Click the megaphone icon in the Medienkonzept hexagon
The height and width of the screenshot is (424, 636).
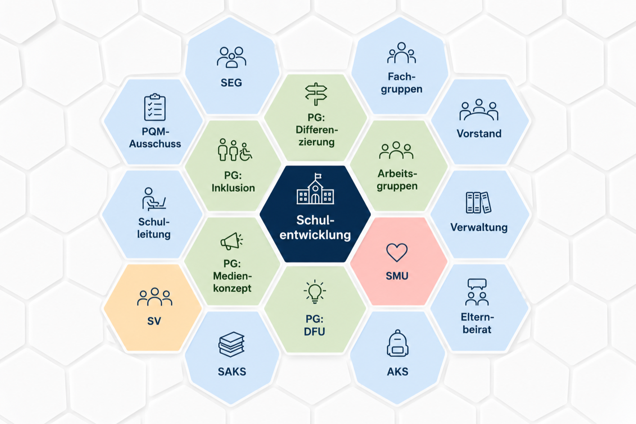pos(232,241)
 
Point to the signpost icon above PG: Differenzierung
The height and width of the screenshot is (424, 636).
pos(316,94)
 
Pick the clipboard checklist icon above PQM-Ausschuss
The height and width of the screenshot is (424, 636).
pos(155,107)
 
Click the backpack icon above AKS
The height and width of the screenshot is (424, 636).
pos(397,343)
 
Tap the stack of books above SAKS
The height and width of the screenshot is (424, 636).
pos(231,344)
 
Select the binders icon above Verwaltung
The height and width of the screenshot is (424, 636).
pos(479,202)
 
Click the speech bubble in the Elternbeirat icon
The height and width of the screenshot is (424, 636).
pos(477,284)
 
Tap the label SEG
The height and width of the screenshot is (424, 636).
pos(231,83)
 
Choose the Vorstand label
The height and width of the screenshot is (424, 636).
pos(479,133)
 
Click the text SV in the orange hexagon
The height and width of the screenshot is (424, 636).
pos(154,321)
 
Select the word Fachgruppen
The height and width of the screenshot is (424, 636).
pos(402,83)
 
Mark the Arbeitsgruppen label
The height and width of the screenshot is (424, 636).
pos(397,180)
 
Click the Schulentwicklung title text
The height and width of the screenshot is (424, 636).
pos(315,228)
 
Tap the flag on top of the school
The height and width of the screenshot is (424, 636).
pos(318,176)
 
